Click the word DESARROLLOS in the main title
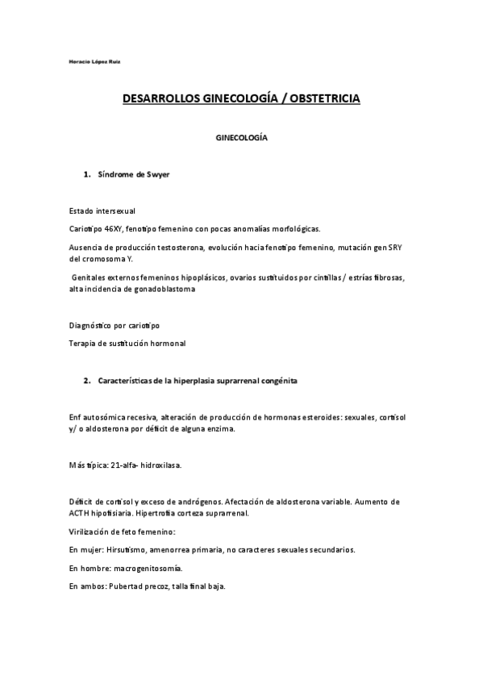161,99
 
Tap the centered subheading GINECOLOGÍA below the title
241,138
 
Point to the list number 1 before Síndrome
86,174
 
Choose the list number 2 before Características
86,379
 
